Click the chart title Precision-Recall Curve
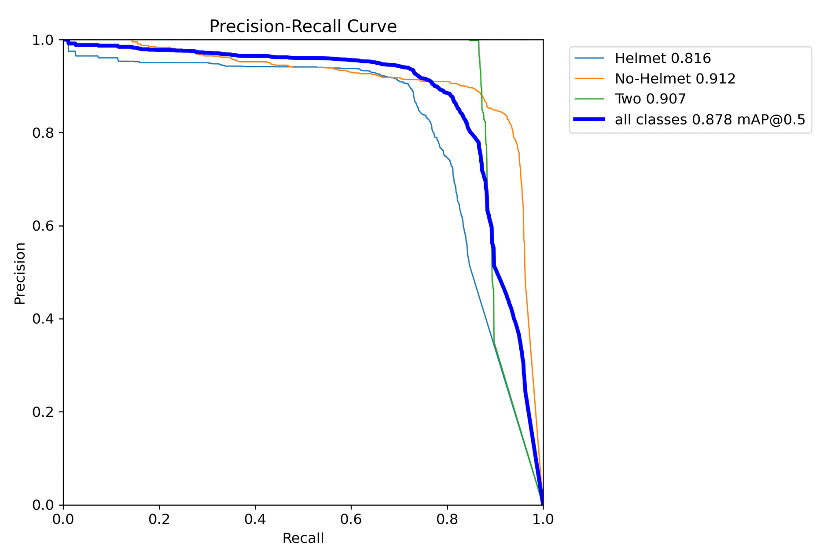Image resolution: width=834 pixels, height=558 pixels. tap(303, 26)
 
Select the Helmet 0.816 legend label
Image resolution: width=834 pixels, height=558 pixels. tap(662, 58)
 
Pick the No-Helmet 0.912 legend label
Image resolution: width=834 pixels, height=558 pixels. tap(675, 79)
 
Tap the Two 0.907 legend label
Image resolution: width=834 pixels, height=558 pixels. tap(650, 99)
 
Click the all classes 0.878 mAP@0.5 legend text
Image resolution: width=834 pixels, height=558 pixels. tap(709, 120)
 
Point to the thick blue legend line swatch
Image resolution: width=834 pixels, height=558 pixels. tap(589, 119)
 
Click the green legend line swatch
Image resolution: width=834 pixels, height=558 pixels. tap(589, 99)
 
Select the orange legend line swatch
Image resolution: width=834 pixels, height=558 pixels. tap(589, 79)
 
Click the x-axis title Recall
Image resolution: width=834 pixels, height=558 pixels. tap(303, 538)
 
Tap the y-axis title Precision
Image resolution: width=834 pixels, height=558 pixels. tap(20, 273)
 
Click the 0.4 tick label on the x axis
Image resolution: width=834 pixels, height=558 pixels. tap(255, 520)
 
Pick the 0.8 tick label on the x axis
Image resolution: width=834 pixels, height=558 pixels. tap(447, 520)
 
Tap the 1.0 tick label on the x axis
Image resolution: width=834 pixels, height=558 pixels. tap(543, 520)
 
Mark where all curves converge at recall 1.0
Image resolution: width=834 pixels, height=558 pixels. tap(542, 504)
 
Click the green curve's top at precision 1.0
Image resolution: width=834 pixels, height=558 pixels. tap(474, 40)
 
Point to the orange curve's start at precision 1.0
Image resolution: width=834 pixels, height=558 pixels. tap(132, 41)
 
